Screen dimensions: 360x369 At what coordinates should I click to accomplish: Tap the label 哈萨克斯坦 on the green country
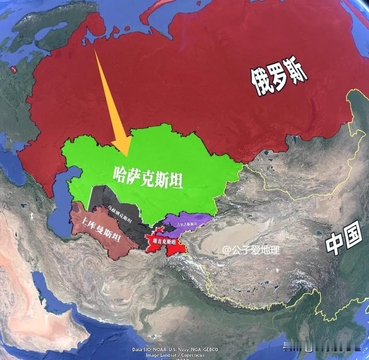148,177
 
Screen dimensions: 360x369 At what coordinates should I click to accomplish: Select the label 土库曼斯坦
101,229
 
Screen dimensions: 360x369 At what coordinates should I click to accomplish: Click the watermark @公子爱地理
251,250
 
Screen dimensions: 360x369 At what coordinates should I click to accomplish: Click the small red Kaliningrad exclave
13,69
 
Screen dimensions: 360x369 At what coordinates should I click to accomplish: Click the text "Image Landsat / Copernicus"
175,355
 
